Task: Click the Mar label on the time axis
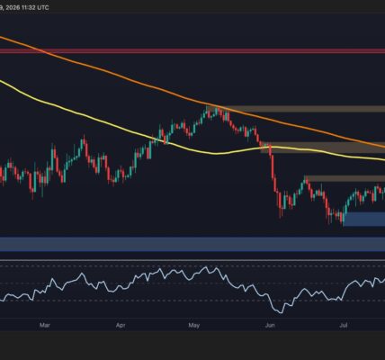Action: click(44, 325)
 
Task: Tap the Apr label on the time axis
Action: click(121, 325)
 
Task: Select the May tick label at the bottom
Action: click(194, 325)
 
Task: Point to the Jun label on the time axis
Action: click(270, 325)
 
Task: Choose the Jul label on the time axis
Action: click(344, 325)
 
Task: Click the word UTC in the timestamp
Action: click(42, 7)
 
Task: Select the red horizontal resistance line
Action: click(192, 51)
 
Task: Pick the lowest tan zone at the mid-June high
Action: click(345, 178)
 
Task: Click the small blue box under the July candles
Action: click(363, 220)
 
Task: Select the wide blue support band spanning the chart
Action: click(192, 244)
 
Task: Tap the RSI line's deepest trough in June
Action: click(281, 313)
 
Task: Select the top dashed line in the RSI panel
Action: click(192, 265)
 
